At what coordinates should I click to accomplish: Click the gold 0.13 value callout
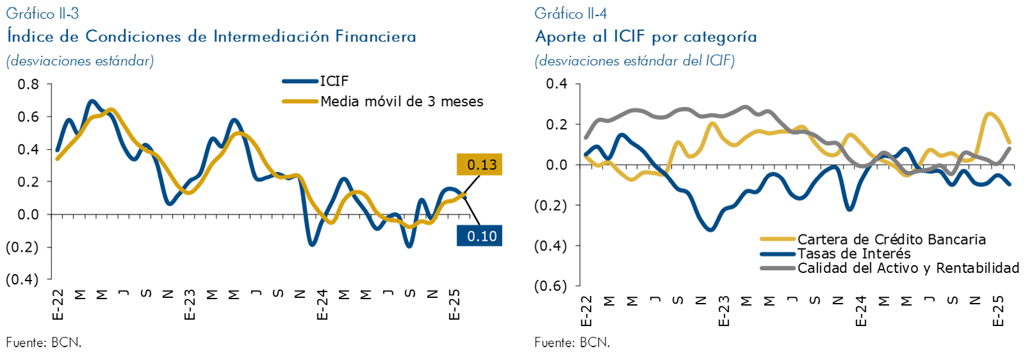point(479,165)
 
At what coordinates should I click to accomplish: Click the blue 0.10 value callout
point(479,236)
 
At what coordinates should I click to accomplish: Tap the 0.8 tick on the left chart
point(28,85)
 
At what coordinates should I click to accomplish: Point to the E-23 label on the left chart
point(190,305)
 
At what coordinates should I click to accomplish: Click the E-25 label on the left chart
point(454,305)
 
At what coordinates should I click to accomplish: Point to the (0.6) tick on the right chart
point(551,286)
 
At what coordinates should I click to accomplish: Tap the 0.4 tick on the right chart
point(557,84)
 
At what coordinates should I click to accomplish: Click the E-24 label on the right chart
point(861,311)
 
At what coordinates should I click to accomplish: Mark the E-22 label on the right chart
point(586,311)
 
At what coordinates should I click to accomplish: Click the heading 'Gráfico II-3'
point(43,13)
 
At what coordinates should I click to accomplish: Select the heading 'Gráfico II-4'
point(571,13)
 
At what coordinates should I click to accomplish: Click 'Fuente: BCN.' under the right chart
point(572,343)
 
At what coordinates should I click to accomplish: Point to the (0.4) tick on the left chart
point(22,280)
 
